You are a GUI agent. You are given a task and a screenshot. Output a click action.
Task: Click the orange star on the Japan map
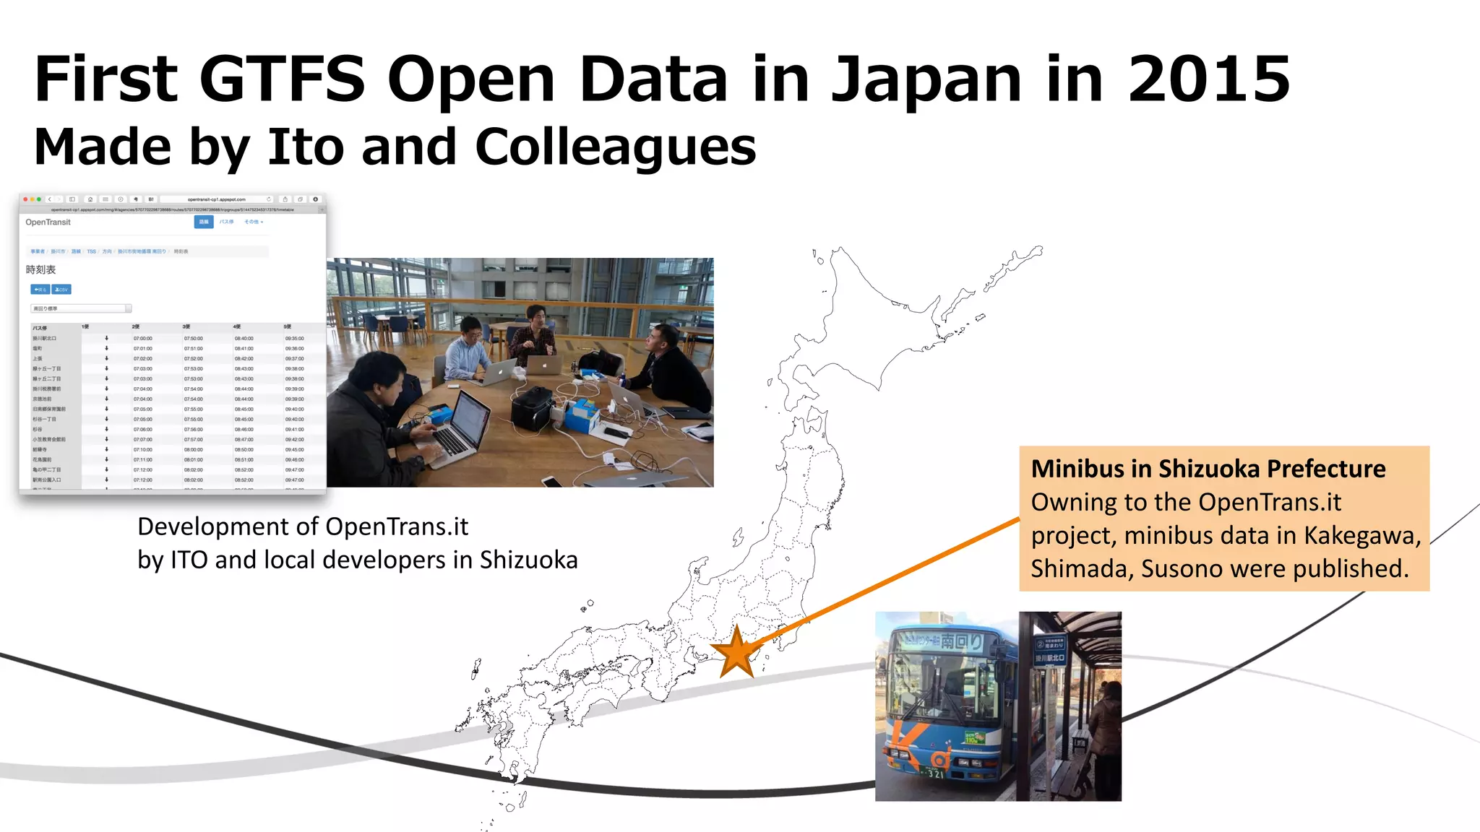point(736,652)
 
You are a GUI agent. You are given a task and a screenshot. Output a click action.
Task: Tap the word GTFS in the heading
point(282,79)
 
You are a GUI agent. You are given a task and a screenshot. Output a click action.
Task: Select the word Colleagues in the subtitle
point(615,147)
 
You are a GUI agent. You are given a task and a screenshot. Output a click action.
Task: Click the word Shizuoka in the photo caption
point(528,560)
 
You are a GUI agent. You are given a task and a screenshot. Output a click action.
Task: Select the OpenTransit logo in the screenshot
point(48,222)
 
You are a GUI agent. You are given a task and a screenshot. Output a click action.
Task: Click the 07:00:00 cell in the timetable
point(142,338)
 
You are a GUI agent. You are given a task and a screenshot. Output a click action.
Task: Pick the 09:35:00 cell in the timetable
point(294,338)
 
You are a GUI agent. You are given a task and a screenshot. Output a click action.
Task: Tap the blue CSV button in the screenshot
point(61,290)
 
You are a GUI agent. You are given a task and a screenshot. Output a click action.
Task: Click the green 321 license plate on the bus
point(934,774)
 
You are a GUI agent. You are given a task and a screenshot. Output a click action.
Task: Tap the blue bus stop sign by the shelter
point(1049,651)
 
